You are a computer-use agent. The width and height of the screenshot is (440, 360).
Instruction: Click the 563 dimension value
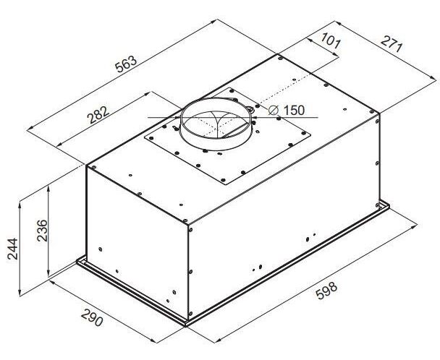pyautogui.click(x=126, y=64)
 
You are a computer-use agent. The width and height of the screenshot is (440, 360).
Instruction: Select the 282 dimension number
pyautogui.click(x=98, y=114)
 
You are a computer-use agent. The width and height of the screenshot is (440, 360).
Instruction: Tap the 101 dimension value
pyautogui.click(x=331, y=40)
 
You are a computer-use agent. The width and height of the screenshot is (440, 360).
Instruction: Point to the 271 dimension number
pyautogui.click(x=392, y=44)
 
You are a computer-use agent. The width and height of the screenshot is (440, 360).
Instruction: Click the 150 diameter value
pyautogui.click(x=294, y=110)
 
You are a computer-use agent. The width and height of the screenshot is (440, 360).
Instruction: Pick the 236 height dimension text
pyautogui.click(x=43, y=231)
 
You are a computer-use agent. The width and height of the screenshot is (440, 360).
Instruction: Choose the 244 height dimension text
pyautogui.click(x=12, y=249)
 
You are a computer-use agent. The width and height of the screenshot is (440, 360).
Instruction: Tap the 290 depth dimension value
pyautogui.click(x=91, y=318)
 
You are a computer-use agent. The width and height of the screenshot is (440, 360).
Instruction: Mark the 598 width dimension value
pyautogui.click(x=326, y=291)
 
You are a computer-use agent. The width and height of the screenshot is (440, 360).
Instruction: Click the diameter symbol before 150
pyautogui.click(x=273, y=110)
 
